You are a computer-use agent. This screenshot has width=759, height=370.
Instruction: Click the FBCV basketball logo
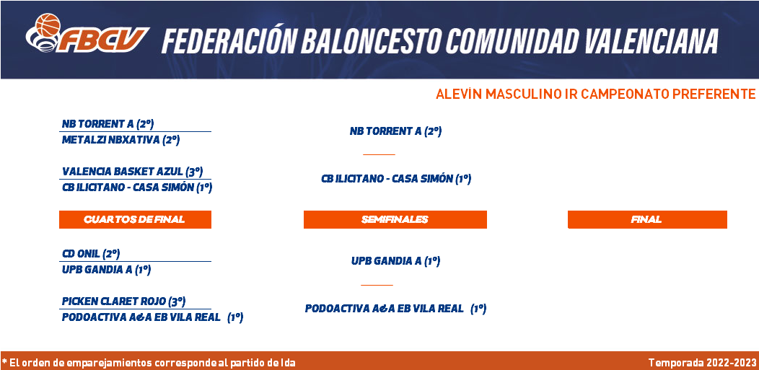point(87,33)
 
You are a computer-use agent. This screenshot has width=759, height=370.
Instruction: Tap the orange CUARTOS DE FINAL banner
point(135,219)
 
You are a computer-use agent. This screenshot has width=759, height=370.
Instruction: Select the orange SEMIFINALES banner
point(395,219)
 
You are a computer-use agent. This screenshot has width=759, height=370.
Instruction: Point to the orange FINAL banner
point(647,219)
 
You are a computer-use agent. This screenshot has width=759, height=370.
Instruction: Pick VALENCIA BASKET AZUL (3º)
point(132,171)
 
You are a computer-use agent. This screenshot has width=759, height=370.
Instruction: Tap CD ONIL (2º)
point(91,253)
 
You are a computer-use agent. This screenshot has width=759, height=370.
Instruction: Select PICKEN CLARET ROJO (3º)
point(124,301)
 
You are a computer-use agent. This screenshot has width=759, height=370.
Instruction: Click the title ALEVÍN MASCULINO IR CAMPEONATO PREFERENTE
point(595,94)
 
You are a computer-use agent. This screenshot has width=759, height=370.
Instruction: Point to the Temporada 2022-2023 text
point(703,362)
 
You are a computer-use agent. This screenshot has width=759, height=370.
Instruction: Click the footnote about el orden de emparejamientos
point(149,362)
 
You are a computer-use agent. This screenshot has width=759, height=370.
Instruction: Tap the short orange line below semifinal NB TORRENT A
point(379,155)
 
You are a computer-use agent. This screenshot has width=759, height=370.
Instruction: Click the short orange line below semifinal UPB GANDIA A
point(377,285)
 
